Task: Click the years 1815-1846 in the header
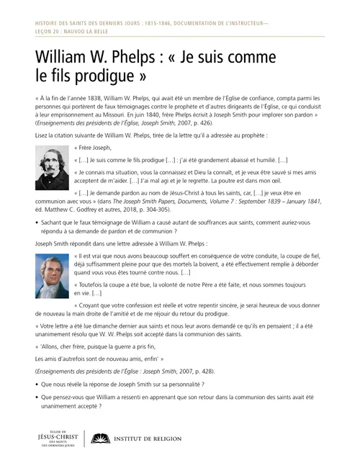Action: pyautogui.click(x=140, y=23)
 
